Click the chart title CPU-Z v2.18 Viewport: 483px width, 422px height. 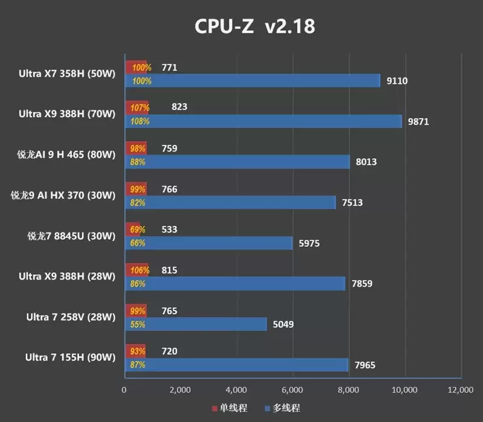(x=254, y=27)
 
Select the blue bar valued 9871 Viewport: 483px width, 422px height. (x=263, y=121)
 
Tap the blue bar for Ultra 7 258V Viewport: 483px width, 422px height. (x=196, y=324)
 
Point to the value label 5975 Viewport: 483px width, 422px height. (x=308, y=243)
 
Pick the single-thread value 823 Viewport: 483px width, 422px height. (x=179, y=107)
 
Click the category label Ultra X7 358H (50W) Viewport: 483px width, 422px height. (x=66, y=74)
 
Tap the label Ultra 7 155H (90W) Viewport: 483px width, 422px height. (x=70, y=357)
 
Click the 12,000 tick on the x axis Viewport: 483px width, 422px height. (x=461, y=390)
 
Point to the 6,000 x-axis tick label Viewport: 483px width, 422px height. (x=293, y=390)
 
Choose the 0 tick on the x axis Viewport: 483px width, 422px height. (x=124, y=390)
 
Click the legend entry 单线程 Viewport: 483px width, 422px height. (x=229, y=409)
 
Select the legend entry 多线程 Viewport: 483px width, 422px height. (x=282, y=409)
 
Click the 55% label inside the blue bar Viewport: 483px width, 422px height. (x=138, y=324)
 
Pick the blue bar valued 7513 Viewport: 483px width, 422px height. (x=230, y=202)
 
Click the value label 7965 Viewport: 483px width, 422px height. (x=364, y=365)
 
